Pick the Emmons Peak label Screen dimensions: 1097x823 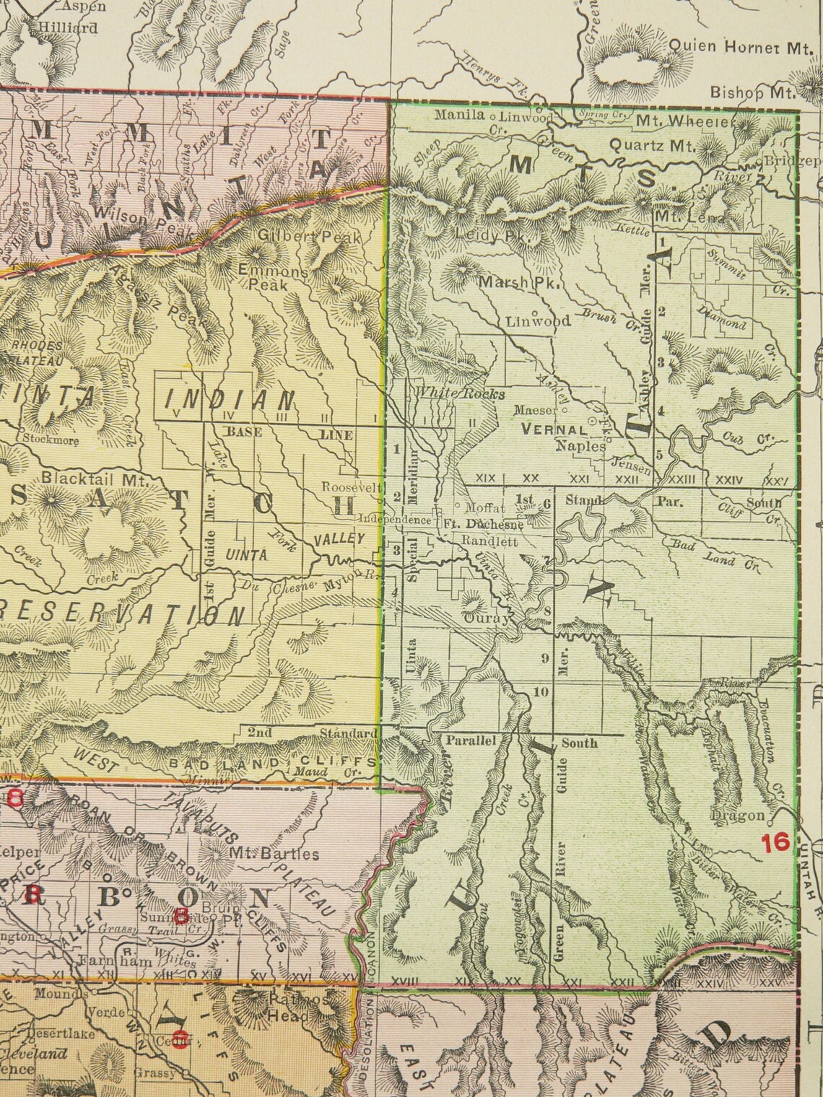click(273, 279)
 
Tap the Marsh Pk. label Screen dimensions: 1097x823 click(520, 284)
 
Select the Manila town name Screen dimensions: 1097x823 click(459, 115)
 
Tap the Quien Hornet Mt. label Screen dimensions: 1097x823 click(741, 46)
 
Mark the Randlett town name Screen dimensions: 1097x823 click(490, 541)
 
